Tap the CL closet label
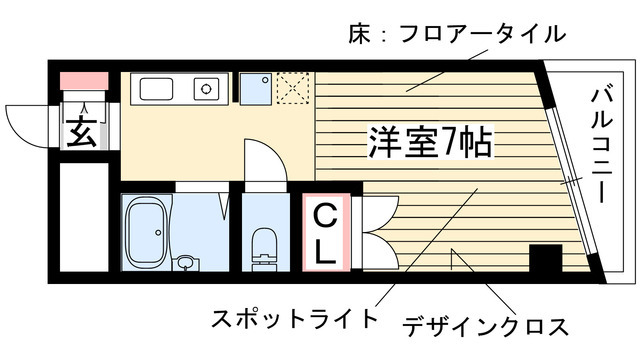pyautogui.click(x=326, y=232)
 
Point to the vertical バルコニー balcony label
pyautogui.click(x=602, y=146)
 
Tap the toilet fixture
pyautogui.click(x=265, y=244)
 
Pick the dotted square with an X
pyautogui.click(x=293, y=88)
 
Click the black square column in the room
pyautogui.click(x=546, y=261)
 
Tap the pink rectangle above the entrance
pyautogui.click(x=82, y=81)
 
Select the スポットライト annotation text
pyautogui.click(x=294, y=320)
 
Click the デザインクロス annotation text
pyautogui.click(x=486, y=326)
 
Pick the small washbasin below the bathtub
pyautogui.click(x=186, y=264)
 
